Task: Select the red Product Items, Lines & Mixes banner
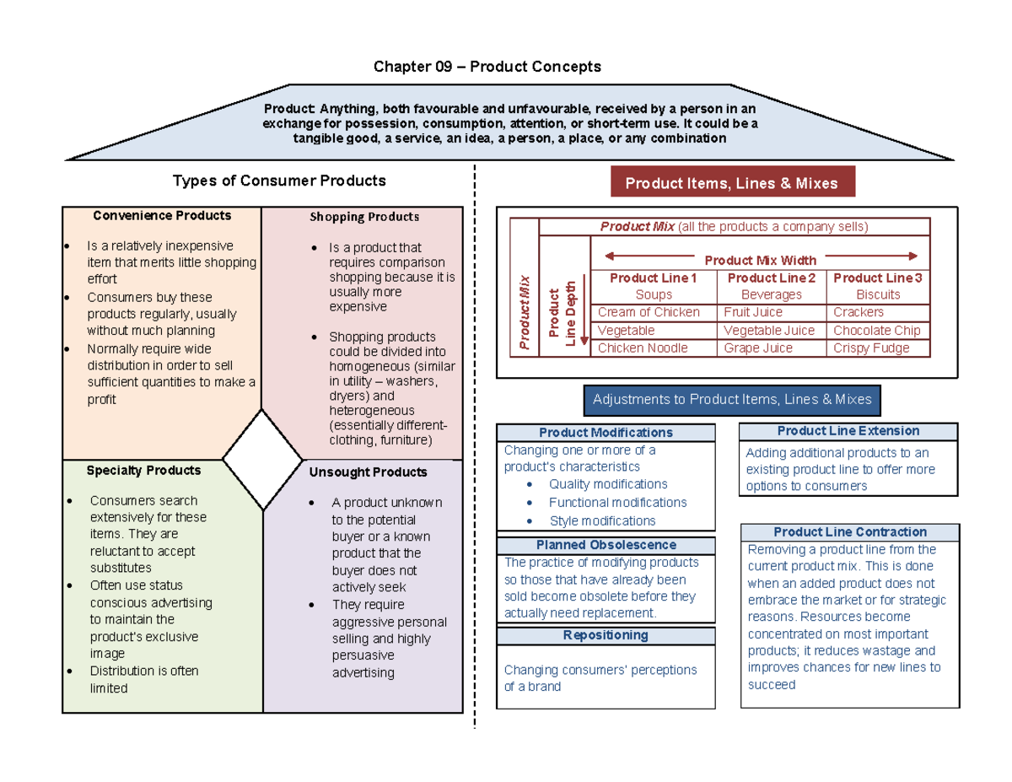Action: point(732,183)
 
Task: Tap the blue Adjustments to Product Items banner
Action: point(732,400)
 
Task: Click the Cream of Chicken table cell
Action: point(649,312)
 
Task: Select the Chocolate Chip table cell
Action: point(876,330)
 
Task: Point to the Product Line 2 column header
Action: point(771,278)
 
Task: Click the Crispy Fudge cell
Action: point(871,348)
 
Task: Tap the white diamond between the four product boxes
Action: point(262,460)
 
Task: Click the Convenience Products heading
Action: point(162,216)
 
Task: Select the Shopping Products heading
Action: point(363,217)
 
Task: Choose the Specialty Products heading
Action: point(144,470)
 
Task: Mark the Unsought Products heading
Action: point(368,472)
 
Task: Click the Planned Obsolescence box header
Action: point(606,545)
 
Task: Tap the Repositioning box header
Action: point(606,635)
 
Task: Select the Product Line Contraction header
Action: point(849,532)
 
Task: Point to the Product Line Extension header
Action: point(848,431)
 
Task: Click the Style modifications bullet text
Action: point(602,521)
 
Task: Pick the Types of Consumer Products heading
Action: point(279,181)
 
